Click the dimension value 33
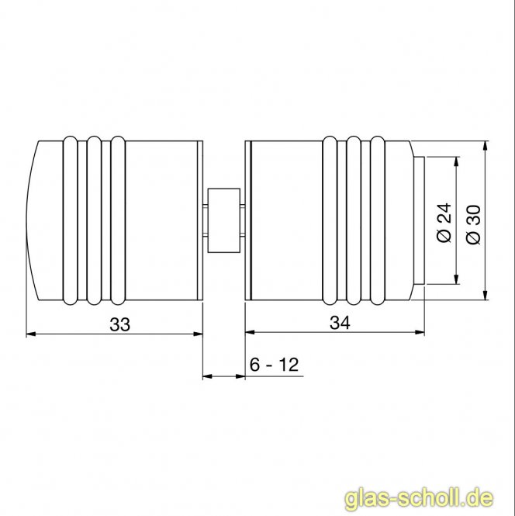(x=119, y=324)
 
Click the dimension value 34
(x=340, y=324)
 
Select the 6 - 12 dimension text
(x=274, y=365)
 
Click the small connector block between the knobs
(x=224, y=220)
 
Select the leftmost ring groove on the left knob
(x=71, y=220)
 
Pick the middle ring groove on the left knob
(x=94, y=220)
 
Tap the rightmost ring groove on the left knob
(x=117, y=220)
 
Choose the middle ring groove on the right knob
(x=354, y=220)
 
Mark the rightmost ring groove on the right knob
(x=377, y=220)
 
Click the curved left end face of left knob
(x=32, y=220)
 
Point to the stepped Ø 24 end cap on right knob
(x=420, y=220)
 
